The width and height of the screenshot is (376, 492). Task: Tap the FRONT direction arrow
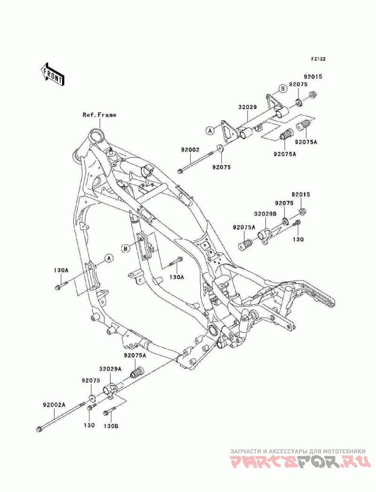pyautogui.click(x=53, y=74)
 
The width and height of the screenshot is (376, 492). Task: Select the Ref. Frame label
pyautogui.click(x=99, y=115)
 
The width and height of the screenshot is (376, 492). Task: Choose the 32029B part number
pyautogui.click(x=265, y=214)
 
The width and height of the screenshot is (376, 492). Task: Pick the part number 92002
pyautogui.click(x=190, y=150)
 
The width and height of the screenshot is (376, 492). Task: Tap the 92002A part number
pyautogui.click(x=54, y=405)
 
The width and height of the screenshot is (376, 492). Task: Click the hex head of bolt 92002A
pyautogui.click(x=39, y=429)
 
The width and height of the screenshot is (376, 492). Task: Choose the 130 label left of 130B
pyautogui.click(x=89, y=425)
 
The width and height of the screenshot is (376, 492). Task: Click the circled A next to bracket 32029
pyautogui.click(x=210, y=130)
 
